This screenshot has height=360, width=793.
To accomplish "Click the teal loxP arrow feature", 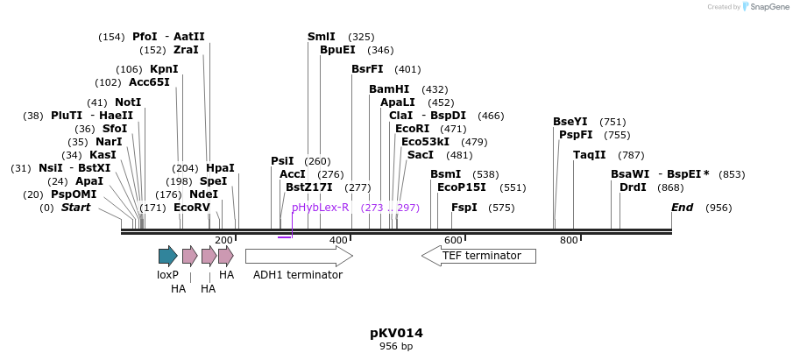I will [x=167, y=256].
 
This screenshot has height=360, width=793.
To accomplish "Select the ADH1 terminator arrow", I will [x=299, y=256].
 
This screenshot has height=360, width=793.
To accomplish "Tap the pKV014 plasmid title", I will [x=396, y=333].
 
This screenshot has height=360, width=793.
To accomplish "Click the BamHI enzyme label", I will [x=389, y=89].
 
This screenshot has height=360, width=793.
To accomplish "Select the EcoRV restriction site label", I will [x=192, y=208].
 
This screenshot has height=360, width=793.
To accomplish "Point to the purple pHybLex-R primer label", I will [x=320, y=208].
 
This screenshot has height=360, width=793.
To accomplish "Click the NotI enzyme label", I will [x=128, y=102].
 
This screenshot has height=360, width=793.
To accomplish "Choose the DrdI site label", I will [x=633, y=187].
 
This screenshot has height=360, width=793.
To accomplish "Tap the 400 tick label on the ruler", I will [x=338, y=240].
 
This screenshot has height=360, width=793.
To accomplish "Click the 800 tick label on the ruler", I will [x=569, y=240].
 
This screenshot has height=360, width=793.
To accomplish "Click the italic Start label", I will [x=75, y=208].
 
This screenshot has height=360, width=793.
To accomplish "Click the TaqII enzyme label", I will [x=590, y=155].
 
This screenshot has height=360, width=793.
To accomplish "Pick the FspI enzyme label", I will [x=464, y=208].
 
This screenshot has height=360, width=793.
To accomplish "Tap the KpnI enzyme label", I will [x=164, y=69].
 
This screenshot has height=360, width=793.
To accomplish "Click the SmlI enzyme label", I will [x=322, y=37].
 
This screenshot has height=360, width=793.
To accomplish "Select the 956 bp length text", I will [x=396, y=347].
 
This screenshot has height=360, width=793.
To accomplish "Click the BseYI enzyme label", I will [x=570, y=122].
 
